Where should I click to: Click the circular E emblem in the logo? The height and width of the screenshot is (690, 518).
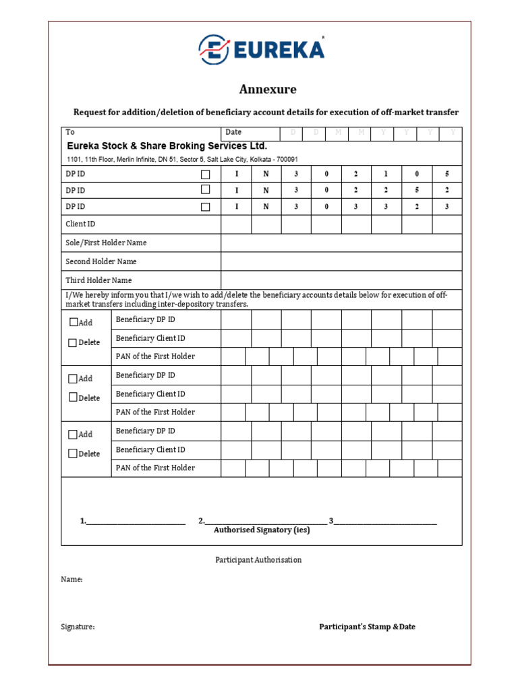(x=213, y=50)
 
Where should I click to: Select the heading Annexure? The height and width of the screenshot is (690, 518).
(x=268, y=89)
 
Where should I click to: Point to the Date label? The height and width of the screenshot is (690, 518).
(x=233, y=132)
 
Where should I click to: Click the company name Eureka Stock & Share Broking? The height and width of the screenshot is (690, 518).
(x=167, y=146)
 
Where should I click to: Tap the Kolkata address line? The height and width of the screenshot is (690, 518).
(x=182, y=159)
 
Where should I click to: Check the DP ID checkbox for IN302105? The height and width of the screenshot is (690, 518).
(x=206, y=175)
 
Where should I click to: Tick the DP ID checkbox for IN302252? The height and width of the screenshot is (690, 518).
(x=206, y=190)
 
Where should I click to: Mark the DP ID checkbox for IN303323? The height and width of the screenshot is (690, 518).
(x=206, y=207)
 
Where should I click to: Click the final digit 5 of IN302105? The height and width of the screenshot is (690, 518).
(x=447, y=174)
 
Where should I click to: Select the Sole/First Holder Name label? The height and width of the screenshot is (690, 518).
(x=106, y=243)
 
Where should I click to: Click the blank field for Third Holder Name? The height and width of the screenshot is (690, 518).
(x=341, y=280)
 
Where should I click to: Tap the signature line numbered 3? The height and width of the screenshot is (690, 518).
(x=385, y=521)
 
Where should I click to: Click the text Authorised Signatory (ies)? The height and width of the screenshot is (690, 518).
(x=262, y=530)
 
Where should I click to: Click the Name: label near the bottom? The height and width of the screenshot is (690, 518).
(x=71, y=579)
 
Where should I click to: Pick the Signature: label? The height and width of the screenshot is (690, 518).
(x=78, y=627)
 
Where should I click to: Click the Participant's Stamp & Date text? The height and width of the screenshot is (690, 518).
(x=367, y=627)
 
